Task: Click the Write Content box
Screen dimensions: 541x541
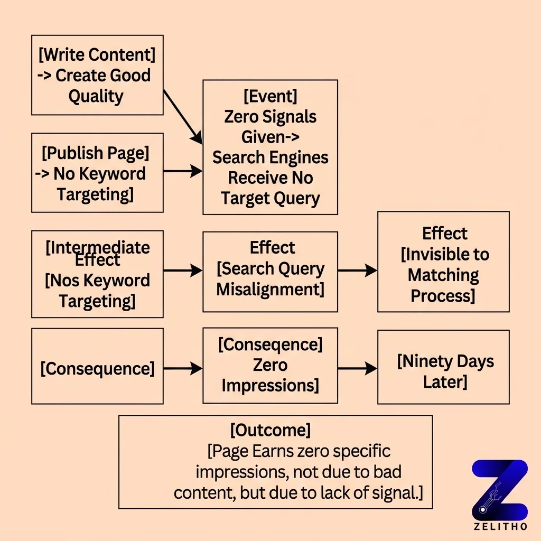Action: pos(97,75)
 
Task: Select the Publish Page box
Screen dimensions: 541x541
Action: pos(97,173)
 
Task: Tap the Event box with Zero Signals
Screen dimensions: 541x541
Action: pos(270,147)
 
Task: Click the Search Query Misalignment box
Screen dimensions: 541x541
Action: pos(270,272)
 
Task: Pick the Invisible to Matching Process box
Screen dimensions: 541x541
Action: pos(443,262)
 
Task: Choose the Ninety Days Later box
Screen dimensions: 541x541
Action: pos(443,367)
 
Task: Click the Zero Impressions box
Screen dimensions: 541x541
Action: pos(270,366)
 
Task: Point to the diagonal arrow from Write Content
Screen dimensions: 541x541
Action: pos(183,116)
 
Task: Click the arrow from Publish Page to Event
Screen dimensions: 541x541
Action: pos(183,171)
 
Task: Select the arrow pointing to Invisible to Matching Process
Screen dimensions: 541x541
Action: pos(357,270)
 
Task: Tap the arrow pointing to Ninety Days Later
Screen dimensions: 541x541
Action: pos(357,368)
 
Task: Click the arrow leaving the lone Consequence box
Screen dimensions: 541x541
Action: pos(183,368)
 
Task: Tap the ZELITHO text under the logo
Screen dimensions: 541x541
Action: pos(499,527)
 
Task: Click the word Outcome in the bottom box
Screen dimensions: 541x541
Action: pos(270,430)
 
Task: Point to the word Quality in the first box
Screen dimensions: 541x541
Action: pos(96,96)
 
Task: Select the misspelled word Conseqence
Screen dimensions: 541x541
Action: pos(270,344)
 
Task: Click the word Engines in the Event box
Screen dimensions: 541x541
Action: pos(299,157)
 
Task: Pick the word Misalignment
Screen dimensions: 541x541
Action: pos(270,290)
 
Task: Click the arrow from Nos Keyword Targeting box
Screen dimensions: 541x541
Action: pos(183,270)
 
